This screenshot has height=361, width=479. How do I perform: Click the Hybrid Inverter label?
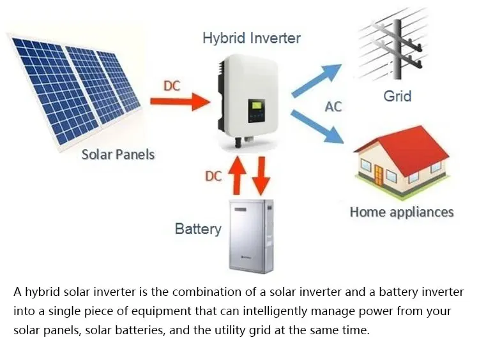click(251, 38)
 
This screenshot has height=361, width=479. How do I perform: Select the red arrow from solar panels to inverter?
click(179, 101)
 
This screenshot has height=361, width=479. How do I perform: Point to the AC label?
click(333, 107)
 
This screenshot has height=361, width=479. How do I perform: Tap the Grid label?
click(397, 97)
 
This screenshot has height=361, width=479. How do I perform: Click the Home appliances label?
click(401, 212)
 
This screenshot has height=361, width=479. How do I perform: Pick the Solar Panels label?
click(118, 154)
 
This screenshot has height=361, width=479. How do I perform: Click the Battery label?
click(198, 228)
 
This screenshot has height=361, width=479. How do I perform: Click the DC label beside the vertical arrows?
click(213, 176)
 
